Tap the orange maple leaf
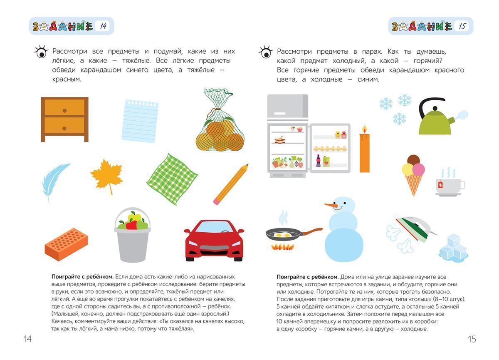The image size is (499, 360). click(107, 176)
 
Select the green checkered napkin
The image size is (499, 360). click(172, 179)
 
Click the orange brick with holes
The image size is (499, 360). click(67, 244)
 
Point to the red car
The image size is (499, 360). click(214, 241)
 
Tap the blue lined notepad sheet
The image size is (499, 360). click(140, 121)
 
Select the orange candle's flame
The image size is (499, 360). click(364, 129)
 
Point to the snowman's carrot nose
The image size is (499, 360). click(331, 206)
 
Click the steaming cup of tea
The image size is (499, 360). click(449, 186)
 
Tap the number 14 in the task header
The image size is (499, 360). click(102, 26)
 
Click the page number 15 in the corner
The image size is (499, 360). click(472, 339)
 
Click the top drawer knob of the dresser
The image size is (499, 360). click(64, 110)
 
